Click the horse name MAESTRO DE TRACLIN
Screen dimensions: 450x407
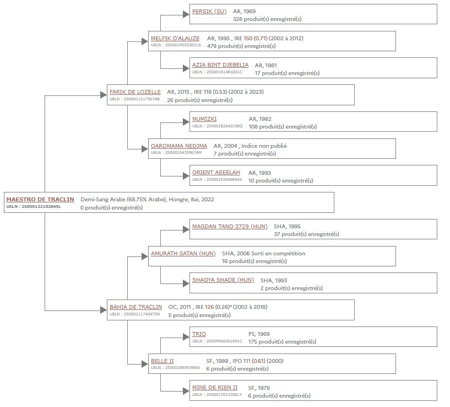click(x=40, y=199)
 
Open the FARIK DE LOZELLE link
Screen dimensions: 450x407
click(x=135, y=92)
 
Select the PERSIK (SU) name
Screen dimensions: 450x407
click(x=209, y=12)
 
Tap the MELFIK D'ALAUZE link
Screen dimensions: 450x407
click(x=175, y=38)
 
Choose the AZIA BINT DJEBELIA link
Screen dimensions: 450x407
click(x=220, y=65)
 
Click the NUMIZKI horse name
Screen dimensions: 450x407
click(x=204, y=119)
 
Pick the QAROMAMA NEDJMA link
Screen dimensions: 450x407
click(x=179, y=146)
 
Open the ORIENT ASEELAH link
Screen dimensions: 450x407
click(x=216, y=173)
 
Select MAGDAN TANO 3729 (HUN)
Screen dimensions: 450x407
click(x=230, y=227)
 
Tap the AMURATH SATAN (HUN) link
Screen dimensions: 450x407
click(x=183, y=254)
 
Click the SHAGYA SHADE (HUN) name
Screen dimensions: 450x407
click(x=223, y=280)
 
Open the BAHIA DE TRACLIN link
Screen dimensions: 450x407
click(x=135, y=307)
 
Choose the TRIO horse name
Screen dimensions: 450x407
click(x=199, y=334)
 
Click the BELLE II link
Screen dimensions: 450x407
click(x=162, y=361)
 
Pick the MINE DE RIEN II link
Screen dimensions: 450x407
click(x=215, y=388)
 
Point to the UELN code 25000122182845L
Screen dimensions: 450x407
click(x=41, y=206)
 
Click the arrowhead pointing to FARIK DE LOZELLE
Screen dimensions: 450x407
click(x=104, y=95)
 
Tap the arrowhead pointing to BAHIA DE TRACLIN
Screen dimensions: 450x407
click(x=104, y=310)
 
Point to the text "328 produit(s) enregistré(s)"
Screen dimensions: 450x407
click(x=267, y=19)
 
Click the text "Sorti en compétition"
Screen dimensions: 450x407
click(x=278, y=254)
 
